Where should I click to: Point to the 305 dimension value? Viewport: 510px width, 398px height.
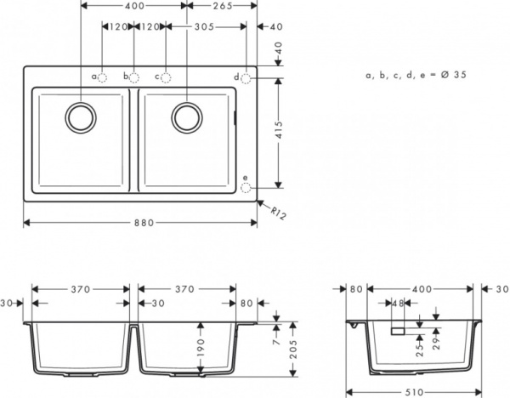(201, 26)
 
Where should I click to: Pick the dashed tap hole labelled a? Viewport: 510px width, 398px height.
(104, 77)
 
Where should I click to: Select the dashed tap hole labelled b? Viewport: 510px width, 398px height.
(134, 77)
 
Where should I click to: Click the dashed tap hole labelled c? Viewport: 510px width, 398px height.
(166, 77)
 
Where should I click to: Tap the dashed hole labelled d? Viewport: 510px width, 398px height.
(246, 77)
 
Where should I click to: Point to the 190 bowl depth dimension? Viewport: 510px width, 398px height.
(200, 349)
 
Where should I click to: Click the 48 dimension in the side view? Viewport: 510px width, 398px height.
(398, 304)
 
